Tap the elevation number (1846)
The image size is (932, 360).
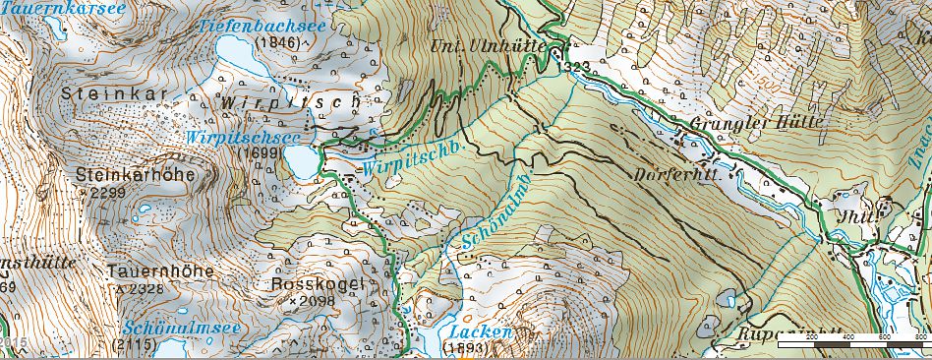click(274, 43)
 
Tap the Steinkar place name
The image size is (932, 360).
click(98, 94)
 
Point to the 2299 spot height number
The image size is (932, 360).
click(107, 194)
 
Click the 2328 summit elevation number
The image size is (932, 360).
click(141, 289)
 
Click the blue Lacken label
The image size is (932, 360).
click(478, 332)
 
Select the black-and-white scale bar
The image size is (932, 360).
click(851, 345)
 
